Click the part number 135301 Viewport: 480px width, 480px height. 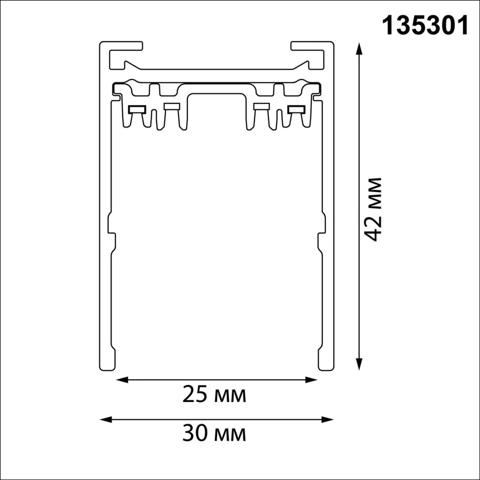[425, 26]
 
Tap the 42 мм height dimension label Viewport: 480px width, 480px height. [373, 209]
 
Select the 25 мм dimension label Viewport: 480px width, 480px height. [214, 394]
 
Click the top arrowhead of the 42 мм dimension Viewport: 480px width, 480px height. [359, 49]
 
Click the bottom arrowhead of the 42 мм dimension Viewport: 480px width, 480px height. [359, 364]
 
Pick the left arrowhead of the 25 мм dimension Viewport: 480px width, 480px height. [122, 380]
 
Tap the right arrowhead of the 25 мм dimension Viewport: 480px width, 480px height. [311, 380]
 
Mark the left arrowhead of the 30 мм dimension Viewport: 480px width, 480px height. [106, 419]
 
